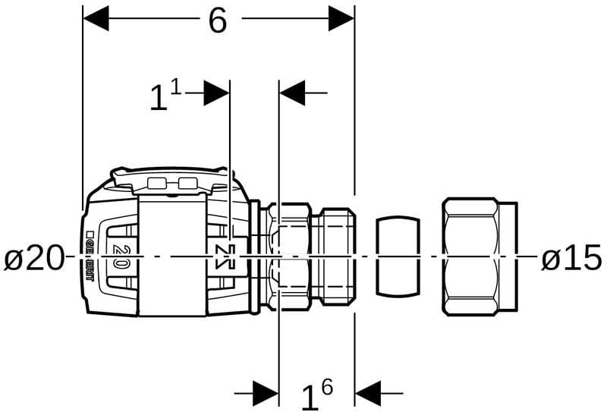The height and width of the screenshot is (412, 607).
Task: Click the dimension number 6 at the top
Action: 218,20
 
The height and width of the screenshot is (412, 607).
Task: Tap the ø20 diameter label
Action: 34,259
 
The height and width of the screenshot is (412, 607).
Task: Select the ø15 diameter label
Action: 571,259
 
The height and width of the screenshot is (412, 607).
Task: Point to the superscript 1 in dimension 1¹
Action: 175,87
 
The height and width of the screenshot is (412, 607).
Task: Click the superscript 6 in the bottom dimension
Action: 327,387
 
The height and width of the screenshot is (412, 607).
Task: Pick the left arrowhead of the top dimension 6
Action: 96,18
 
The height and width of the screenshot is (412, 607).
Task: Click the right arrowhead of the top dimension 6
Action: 341,18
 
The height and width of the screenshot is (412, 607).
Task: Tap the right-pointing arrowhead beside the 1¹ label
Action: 217,93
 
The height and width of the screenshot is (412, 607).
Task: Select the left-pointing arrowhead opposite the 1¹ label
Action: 293,93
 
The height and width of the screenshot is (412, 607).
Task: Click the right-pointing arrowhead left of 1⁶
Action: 266,393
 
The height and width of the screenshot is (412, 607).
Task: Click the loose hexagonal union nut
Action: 480,256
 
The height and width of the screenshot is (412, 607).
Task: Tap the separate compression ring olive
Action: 398,256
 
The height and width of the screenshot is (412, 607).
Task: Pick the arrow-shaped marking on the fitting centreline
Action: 223,256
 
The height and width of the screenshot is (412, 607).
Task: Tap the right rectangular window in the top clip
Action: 187,183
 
